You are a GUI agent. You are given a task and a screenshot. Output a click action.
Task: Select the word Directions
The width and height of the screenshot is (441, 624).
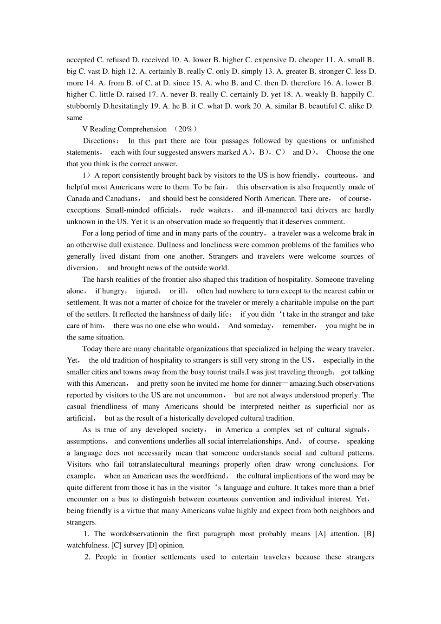pos(100,141)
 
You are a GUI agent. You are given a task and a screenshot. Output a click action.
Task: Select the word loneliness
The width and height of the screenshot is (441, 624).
pos(203,245)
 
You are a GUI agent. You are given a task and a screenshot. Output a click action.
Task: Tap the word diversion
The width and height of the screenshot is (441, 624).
pos(81,268)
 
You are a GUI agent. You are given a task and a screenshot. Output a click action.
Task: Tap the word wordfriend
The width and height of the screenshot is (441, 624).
pos(211,476)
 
